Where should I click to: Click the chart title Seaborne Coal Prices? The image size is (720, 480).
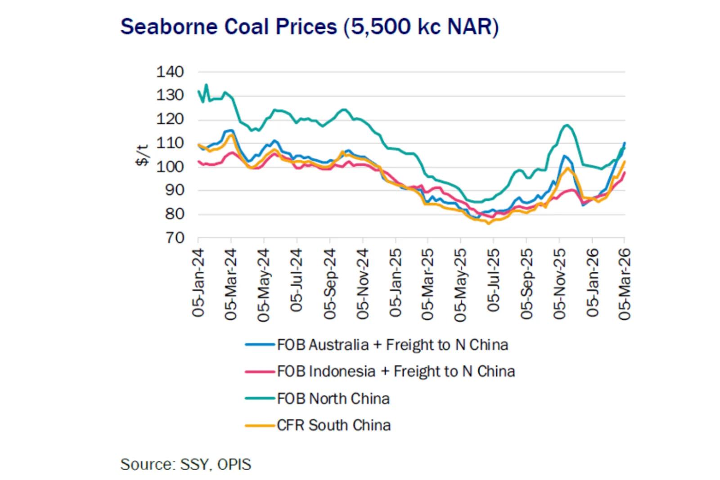[x=310, y=27]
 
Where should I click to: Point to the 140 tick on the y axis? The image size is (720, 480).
[x=170, y=72]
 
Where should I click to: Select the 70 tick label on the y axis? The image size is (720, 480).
[x=175, y=238]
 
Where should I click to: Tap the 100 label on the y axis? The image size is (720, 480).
[x=170, y=166]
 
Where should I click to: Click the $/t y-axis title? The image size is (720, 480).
[x=142, y=155]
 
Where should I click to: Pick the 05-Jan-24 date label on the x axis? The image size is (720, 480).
[x=198, y=283]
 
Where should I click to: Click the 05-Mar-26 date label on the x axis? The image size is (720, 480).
[x=625, y=284]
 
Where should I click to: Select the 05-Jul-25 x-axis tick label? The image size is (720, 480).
[x=493, y=280]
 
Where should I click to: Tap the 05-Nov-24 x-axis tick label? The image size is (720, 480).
[x=362, y=284]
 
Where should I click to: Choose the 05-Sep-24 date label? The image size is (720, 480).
[x=329, y=284]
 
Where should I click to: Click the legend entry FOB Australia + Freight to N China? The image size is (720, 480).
[x=392, y=345]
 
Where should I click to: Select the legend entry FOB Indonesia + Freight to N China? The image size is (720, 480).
[x=396, y=372]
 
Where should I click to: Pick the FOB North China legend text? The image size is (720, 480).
[x=333, y=399]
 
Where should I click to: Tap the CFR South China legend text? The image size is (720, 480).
[x=333, y=425]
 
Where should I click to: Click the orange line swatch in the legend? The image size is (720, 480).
[x=260, y=425]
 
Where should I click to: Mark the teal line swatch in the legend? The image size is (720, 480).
[x=260, y=399]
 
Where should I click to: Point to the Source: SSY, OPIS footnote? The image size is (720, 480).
[x=185, y=464]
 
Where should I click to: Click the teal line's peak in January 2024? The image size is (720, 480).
[x=207, y=85]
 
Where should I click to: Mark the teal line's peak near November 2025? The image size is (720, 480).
[x=567, y=125]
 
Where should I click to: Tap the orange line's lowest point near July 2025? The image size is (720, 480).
[x=489, y=224]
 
